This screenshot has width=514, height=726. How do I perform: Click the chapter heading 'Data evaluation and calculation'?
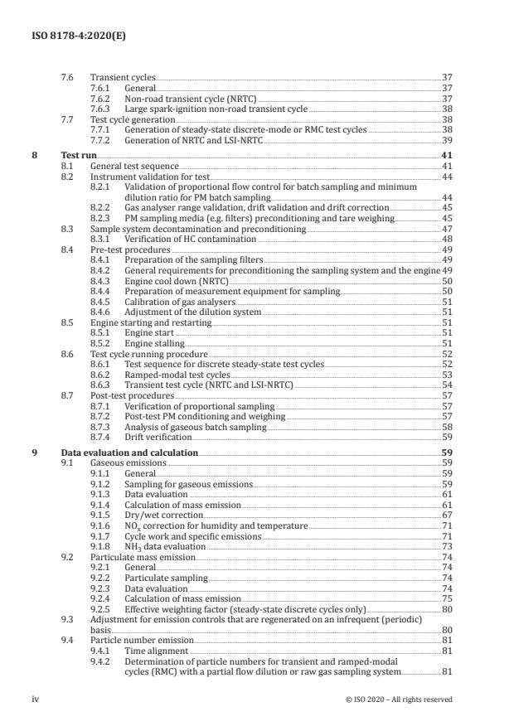[x=129, y=453]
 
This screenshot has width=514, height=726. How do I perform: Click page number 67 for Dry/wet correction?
[x=447, y=515]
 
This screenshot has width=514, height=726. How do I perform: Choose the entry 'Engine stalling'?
[x=154, y=343]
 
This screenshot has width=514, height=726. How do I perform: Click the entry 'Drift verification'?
[x=158, y=437]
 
